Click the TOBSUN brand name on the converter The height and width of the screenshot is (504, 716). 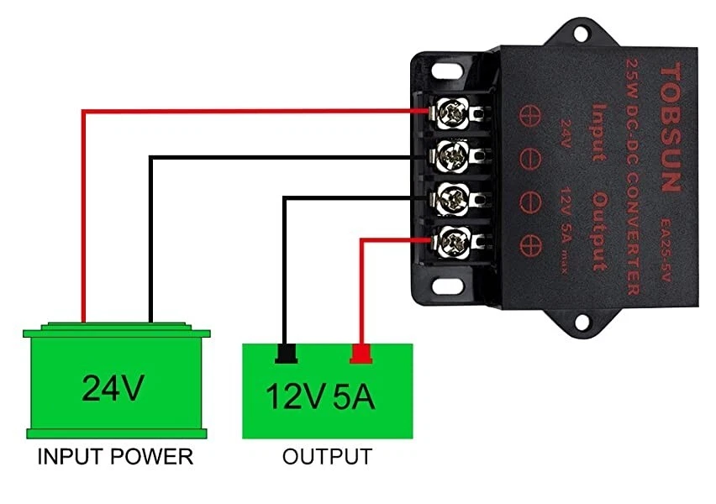click(670, 126)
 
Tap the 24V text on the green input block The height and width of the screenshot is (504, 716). click(113, 388)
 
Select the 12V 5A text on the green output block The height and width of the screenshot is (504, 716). click(320, 396)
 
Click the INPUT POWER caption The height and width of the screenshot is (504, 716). click(116, 458)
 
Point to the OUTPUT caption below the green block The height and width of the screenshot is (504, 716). click(327, 458)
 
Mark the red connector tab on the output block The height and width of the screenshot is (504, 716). click(361, 354)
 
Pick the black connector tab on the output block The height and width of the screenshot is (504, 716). click(287, 354)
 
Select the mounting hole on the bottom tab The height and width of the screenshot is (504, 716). click(582, 321)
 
